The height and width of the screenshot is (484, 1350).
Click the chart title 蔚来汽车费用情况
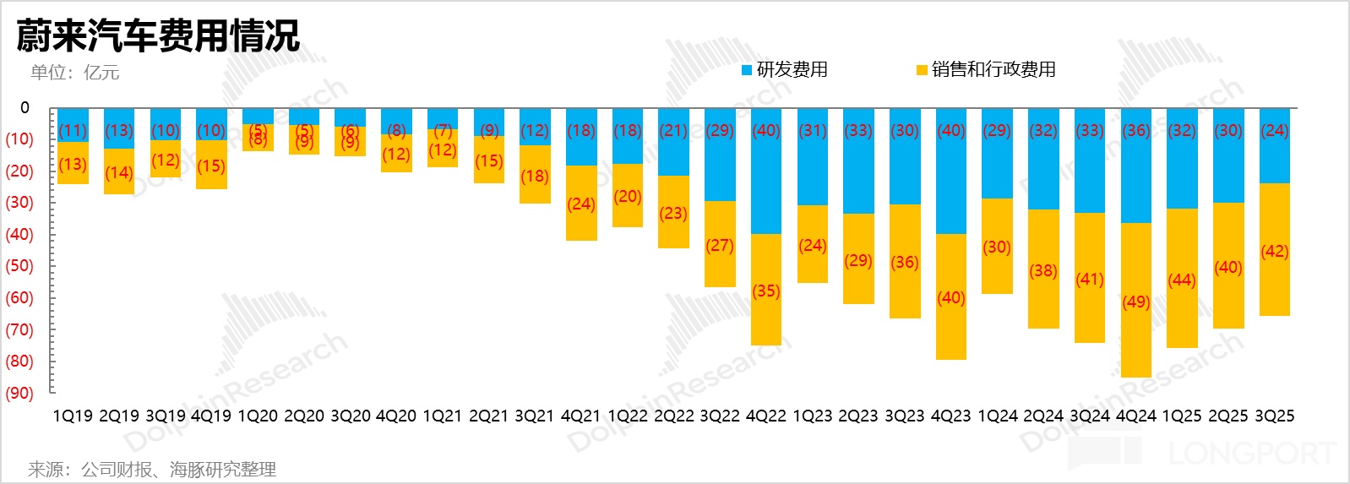(158, 35)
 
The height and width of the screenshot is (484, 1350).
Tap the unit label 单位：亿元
(74, 73)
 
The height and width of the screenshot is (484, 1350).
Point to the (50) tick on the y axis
(19, 266)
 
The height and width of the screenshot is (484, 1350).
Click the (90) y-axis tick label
(19, 394)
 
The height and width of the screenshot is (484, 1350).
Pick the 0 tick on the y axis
(24, 108)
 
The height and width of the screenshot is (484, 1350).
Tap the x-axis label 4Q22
(765, 416)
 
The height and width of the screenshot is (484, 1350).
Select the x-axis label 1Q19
(73, 416)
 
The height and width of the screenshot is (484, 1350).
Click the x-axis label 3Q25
(1274, 416)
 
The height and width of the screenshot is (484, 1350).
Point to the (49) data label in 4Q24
(1136, 302)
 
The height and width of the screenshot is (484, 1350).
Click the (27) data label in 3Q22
(720, 246)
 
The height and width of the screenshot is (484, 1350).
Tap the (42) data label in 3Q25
(1274, 252)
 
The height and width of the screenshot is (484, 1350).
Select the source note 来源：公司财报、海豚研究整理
(152, 470)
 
